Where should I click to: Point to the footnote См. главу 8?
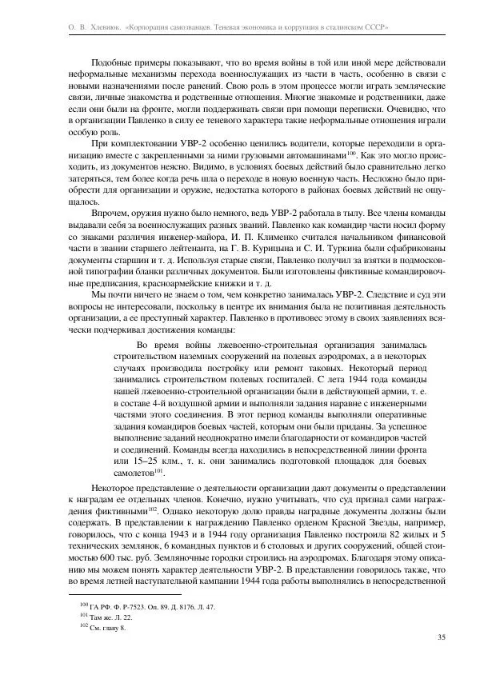pos(107,629)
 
